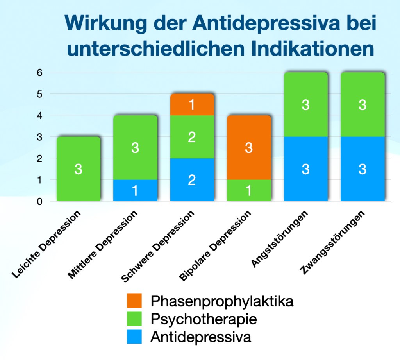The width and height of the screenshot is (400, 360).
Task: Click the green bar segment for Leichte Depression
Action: click(79, 169)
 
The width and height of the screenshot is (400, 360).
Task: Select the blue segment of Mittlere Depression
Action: click(135, 190)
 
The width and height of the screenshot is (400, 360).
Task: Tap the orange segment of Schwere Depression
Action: click(192, 104)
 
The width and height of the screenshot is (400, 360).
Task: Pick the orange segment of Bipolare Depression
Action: click(248, 147)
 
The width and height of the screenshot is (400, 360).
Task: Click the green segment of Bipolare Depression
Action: click(248, 190)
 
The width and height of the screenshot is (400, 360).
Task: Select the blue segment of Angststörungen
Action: click(305, 169)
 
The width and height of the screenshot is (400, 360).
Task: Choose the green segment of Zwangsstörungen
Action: click(362, 105)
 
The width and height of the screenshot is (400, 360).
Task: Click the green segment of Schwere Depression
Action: click(192, 137)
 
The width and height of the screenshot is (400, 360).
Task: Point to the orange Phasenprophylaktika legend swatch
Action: click(134, 301)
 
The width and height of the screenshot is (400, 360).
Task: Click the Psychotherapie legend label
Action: click(204, 319)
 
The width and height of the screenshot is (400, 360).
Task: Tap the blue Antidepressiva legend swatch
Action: click(134, 337)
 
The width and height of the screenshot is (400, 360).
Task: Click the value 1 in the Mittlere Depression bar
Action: click(135, 191)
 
